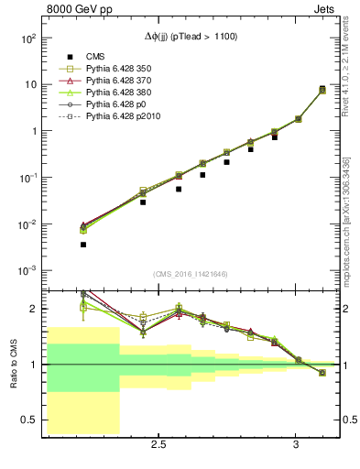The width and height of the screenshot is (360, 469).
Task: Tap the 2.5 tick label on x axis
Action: pyautogui.click(x=158, y=445)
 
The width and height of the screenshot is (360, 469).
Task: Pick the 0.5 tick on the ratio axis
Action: pyautogui.click(x=28, y=420)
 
